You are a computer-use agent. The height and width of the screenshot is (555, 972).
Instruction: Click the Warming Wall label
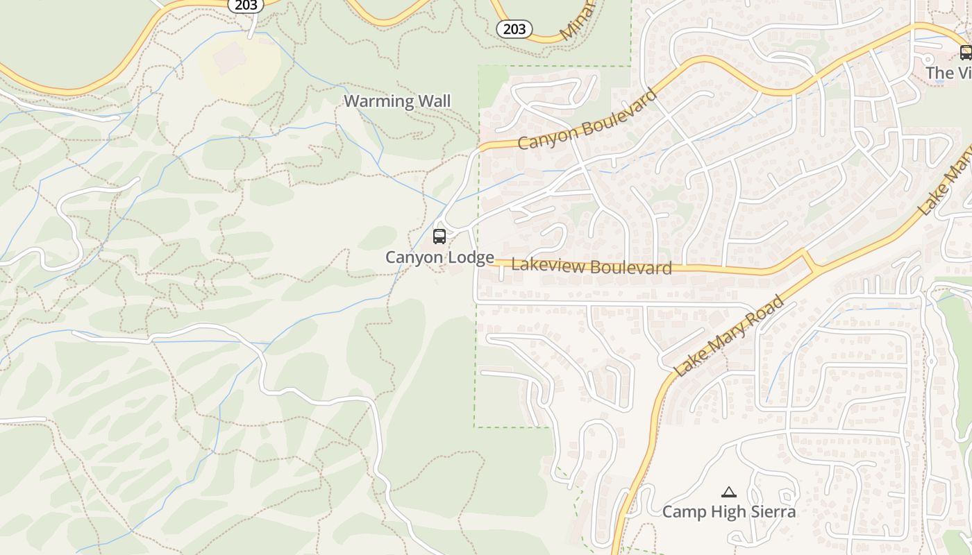[x=397, y=101]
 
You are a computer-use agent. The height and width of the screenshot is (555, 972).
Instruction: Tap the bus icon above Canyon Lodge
[x=439, y=237]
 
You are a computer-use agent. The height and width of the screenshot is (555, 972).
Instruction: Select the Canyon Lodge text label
[x=439, y=257]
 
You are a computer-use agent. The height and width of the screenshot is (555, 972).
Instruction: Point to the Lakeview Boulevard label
[x=592, y=266]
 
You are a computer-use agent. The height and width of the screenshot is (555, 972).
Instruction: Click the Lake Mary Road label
[x=729, y=336]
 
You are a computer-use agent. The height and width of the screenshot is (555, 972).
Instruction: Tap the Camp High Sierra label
[x=728, y=512]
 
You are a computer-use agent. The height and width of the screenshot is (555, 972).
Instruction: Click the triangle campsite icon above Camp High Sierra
[x=728, y=493]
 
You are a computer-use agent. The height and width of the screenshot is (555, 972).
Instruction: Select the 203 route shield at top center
[x=514, y=29]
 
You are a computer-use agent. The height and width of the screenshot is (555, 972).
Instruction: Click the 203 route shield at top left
[x=246, y=5]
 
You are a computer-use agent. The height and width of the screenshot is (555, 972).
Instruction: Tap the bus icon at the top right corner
[x=965, y=52]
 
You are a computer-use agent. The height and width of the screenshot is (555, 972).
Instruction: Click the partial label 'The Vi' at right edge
[x=948, y=73]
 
